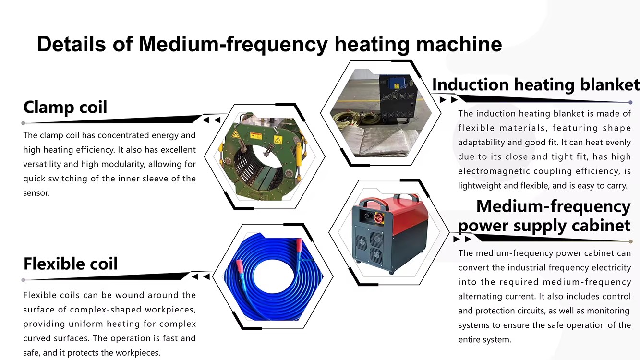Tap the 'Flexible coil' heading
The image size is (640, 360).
[70, 264]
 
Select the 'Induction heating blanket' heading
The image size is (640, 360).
[536, 85]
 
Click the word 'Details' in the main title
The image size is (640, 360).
[71, 44]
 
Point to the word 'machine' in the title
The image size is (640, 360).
[459, 44]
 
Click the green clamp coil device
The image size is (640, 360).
[263, 156]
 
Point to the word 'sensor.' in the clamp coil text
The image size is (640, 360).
[36, 193]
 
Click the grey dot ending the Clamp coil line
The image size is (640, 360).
[23, 123]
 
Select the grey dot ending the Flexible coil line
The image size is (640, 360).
[23, 280]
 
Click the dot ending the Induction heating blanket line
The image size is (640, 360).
[630, 102]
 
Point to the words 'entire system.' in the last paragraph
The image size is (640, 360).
[484, 340]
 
